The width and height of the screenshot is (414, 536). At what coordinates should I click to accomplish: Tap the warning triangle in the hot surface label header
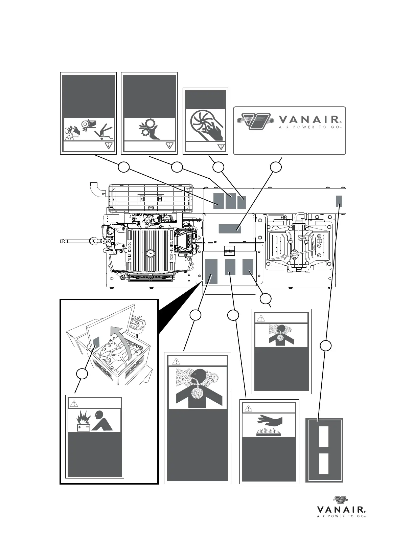point(249,408)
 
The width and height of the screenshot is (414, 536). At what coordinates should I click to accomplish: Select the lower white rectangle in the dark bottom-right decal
point(324,463)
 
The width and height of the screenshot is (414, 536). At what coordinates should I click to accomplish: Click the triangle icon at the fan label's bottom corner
point(221,147)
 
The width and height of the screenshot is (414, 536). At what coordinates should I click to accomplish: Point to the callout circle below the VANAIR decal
point(276,166)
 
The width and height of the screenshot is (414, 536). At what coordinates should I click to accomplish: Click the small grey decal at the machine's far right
point(339,201)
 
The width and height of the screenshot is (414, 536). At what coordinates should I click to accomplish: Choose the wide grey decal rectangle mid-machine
point(230,228)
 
